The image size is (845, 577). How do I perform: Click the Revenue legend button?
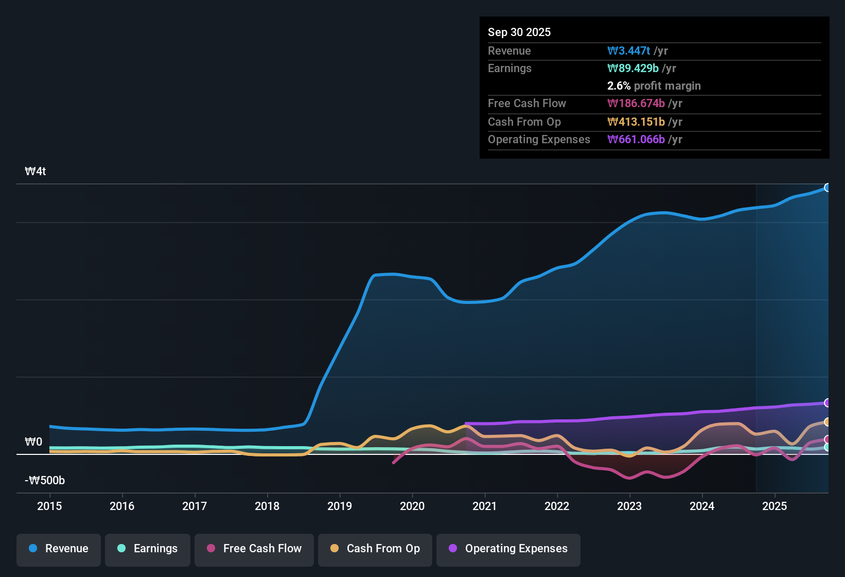[59, 549]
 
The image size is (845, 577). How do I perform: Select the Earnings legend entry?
[148, 549]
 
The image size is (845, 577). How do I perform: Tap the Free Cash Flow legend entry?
[254, 549]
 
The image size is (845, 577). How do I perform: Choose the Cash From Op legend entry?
[375, 549]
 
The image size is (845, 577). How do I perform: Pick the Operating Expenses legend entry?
[508, 549]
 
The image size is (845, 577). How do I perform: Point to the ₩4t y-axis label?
[36, 172]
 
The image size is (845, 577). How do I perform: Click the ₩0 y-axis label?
[33, 442]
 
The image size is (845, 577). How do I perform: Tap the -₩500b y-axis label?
[45, 481]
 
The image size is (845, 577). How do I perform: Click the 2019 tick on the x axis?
[340, 506]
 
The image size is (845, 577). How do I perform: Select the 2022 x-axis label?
[557, 506]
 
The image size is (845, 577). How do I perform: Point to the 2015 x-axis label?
[49, 506]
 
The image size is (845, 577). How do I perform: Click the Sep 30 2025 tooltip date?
[519, 32]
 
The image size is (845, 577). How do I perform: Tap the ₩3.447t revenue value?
[629, 51]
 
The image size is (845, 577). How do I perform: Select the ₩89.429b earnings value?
[633, 69]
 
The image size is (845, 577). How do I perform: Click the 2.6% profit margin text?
[654, 86]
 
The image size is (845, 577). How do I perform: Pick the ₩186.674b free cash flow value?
[636, 104]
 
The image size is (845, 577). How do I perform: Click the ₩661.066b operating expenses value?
[636, 140]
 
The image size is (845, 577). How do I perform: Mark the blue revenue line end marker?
[827, 188]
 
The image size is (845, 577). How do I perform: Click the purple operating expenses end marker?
[827, 403]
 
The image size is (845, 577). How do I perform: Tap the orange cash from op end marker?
[827, 422]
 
